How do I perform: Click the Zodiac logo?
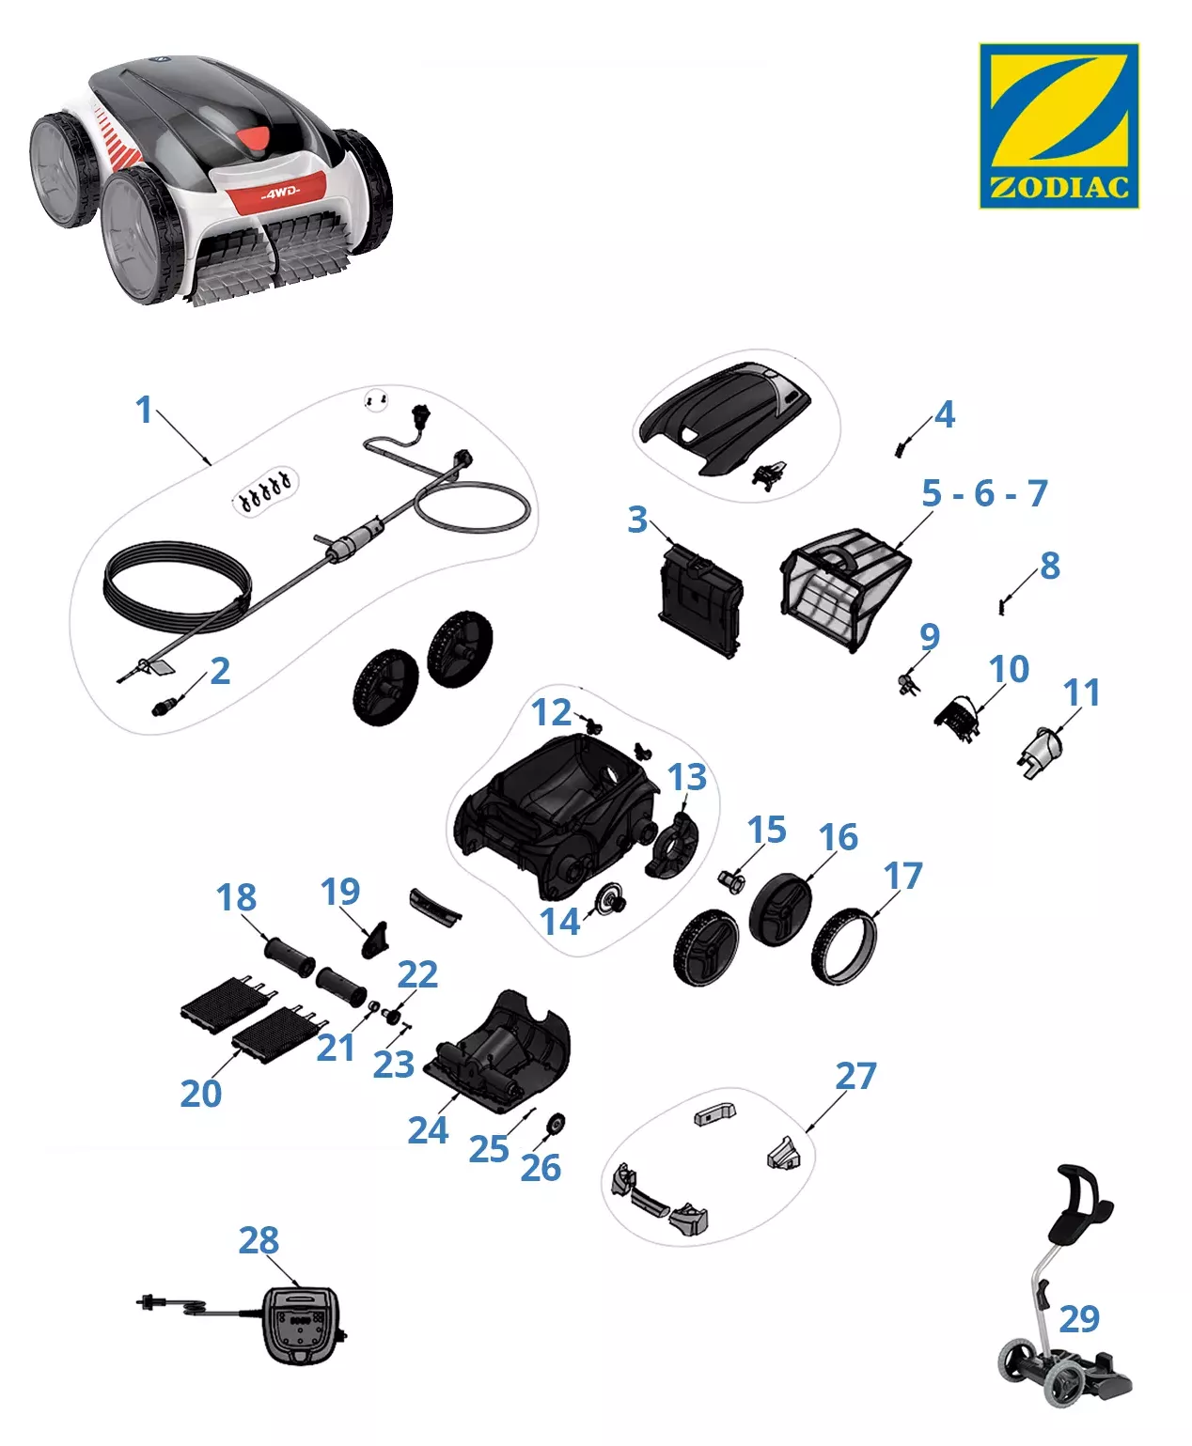tap(1059, 125)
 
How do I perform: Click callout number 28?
tap(259, 1239)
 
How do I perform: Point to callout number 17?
tap(903, 876)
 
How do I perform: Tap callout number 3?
tap(636, 520)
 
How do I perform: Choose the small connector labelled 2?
tap(164, 707)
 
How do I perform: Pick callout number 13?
tap(687, 776)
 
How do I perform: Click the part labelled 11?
tap(1040, 752)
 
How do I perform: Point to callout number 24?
tap(428, 1130)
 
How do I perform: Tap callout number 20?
tap(201, 1094)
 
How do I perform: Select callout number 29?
tap(1079, 1318)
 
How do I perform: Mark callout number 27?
tap(855, 1076)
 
